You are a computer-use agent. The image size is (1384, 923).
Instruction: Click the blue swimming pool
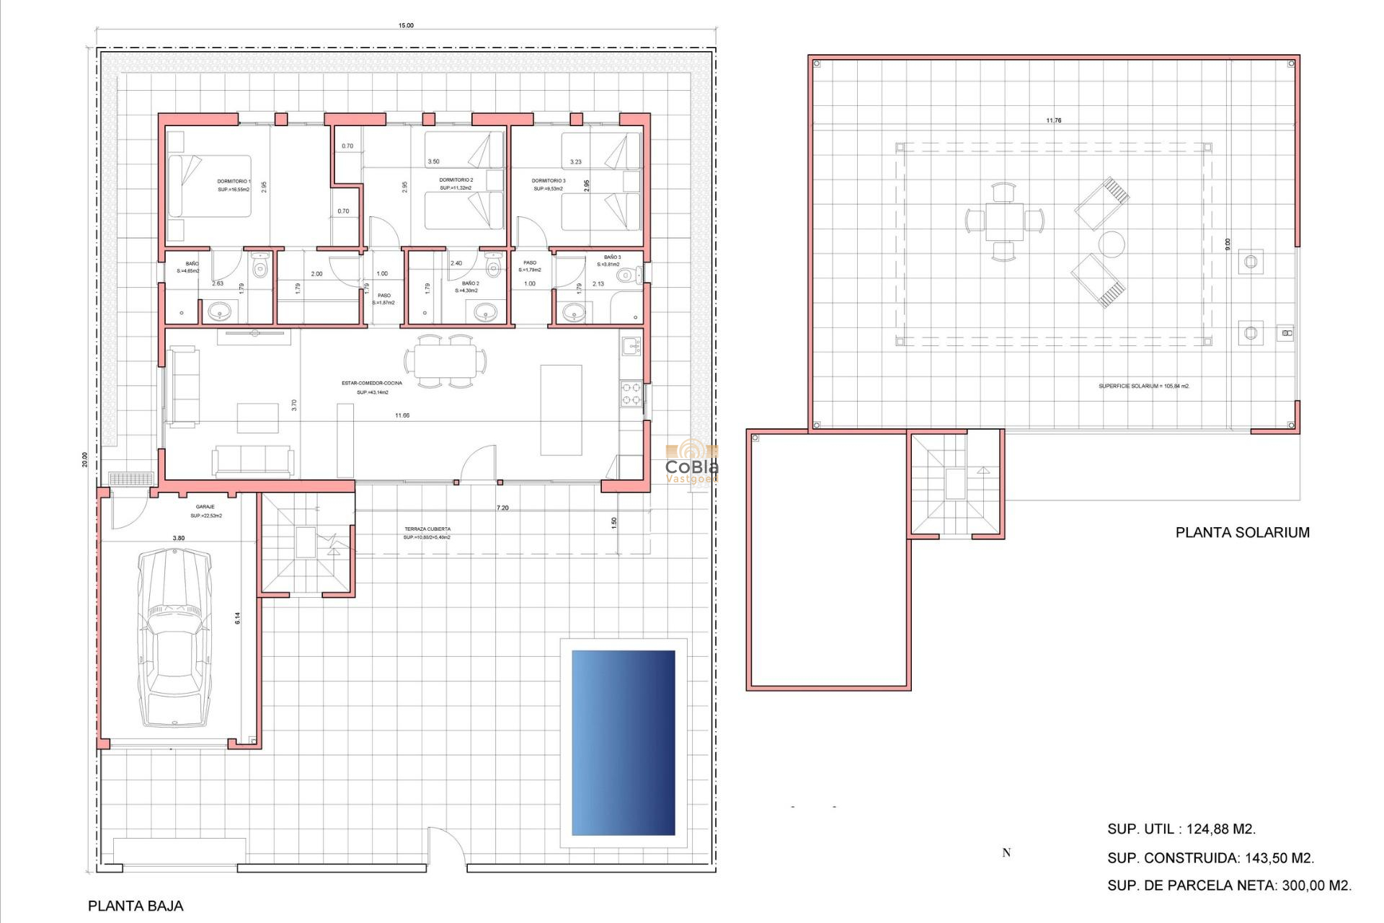coord(623,743)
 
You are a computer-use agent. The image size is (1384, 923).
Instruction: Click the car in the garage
coord(174,638)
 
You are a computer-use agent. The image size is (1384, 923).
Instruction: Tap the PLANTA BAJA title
coord(136,906)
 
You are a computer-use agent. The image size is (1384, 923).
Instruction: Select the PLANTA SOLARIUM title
coord(1242,532)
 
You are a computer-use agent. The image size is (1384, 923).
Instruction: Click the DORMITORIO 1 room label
coord(234,182)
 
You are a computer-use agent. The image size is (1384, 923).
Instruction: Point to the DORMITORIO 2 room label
coord(456,180)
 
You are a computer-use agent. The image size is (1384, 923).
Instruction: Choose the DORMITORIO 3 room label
coord(549,181)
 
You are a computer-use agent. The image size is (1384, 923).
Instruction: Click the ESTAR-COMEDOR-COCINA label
coord(372,383)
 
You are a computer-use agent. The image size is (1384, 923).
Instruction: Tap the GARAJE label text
coord(205,507)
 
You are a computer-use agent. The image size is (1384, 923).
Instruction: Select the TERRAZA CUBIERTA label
coord(427,529)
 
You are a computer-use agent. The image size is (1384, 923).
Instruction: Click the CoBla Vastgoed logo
coord(691,461)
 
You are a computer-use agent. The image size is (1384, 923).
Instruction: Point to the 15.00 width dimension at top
coord(406,25)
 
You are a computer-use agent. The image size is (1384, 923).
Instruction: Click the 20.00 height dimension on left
coord(84,459)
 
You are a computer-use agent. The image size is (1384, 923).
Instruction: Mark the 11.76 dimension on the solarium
coord(1053,120)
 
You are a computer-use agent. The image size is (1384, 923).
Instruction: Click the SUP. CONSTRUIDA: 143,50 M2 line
coord(1210,858)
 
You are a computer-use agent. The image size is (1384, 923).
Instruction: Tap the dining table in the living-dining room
coord(445,361)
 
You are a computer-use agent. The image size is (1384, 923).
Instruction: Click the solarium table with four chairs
coord(1004,221)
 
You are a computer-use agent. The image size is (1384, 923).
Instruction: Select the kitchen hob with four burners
coord(631,394)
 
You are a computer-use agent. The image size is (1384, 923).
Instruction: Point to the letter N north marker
coord(1006,852)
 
